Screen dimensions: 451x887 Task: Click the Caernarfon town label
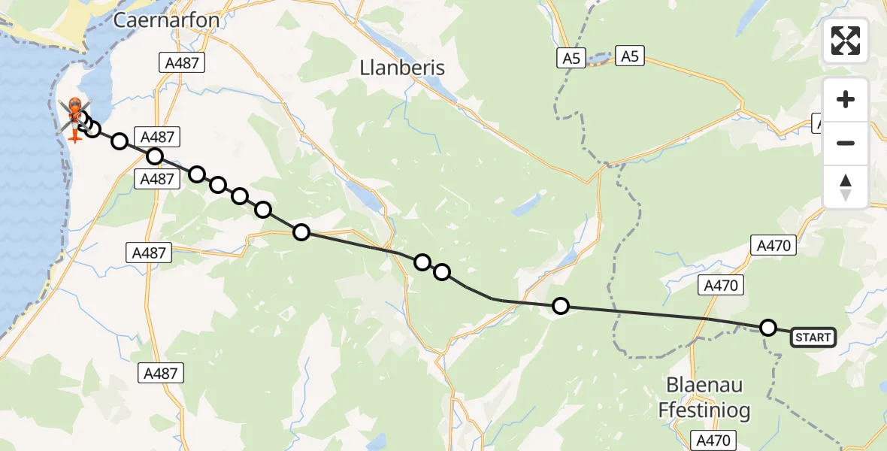click(166, 20)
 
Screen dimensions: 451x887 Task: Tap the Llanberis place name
click(402, 68)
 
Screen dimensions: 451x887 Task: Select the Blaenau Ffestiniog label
click(704, 397)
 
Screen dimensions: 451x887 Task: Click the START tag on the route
click(813, 337)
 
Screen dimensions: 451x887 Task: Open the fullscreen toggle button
click(846, 41)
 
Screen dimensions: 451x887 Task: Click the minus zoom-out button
click(846, 143)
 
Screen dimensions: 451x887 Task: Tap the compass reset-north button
click(846, 187)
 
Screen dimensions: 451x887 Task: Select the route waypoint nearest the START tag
click(767, 328)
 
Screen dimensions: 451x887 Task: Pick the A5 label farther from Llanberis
click(629, 55)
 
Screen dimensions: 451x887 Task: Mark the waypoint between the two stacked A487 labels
click(154, 156)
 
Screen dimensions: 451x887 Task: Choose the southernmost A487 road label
click(162, 373)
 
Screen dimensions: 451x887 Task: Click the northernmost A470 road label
click(772, 244)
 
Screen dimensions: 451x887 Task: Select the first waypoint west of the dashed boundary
click(560, 305)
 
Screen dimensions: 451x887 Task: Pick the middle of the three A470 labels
click(721, 285)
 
